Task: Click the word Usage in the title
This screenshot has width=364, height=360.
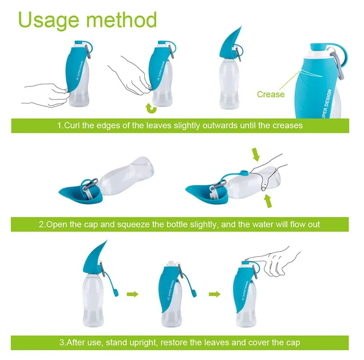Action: [49, 20]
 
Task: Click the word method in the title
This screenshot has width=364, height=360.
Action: [121, 19]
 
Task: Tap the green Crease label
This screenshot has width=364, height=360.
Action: [271, 94]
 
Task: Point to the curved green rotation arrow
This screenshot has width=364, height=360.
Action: [151, 108]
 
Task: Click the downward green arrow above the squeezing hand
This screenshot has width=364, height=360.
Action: [256, 154]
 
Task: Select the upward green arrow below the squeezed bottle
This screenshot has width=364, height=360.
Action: [268, 201]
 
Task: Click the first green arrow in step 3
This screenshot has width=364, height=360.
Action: [132, 294]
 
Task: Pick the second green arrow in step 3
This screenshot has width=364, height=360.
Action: [214, 294]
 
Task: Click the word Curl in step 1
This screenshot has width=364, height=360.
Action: [72, 126]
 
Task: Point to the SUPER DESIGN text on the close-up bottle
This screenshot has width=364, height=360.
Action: [327, 104]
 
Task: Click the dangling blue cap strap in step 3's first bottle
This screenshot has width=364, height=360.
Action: [109, 282]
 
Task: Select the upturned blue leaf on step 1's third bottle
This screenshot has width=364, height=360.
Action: [230, 44]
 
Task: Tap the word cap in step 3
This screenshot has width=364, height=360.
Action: [292, 343]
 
